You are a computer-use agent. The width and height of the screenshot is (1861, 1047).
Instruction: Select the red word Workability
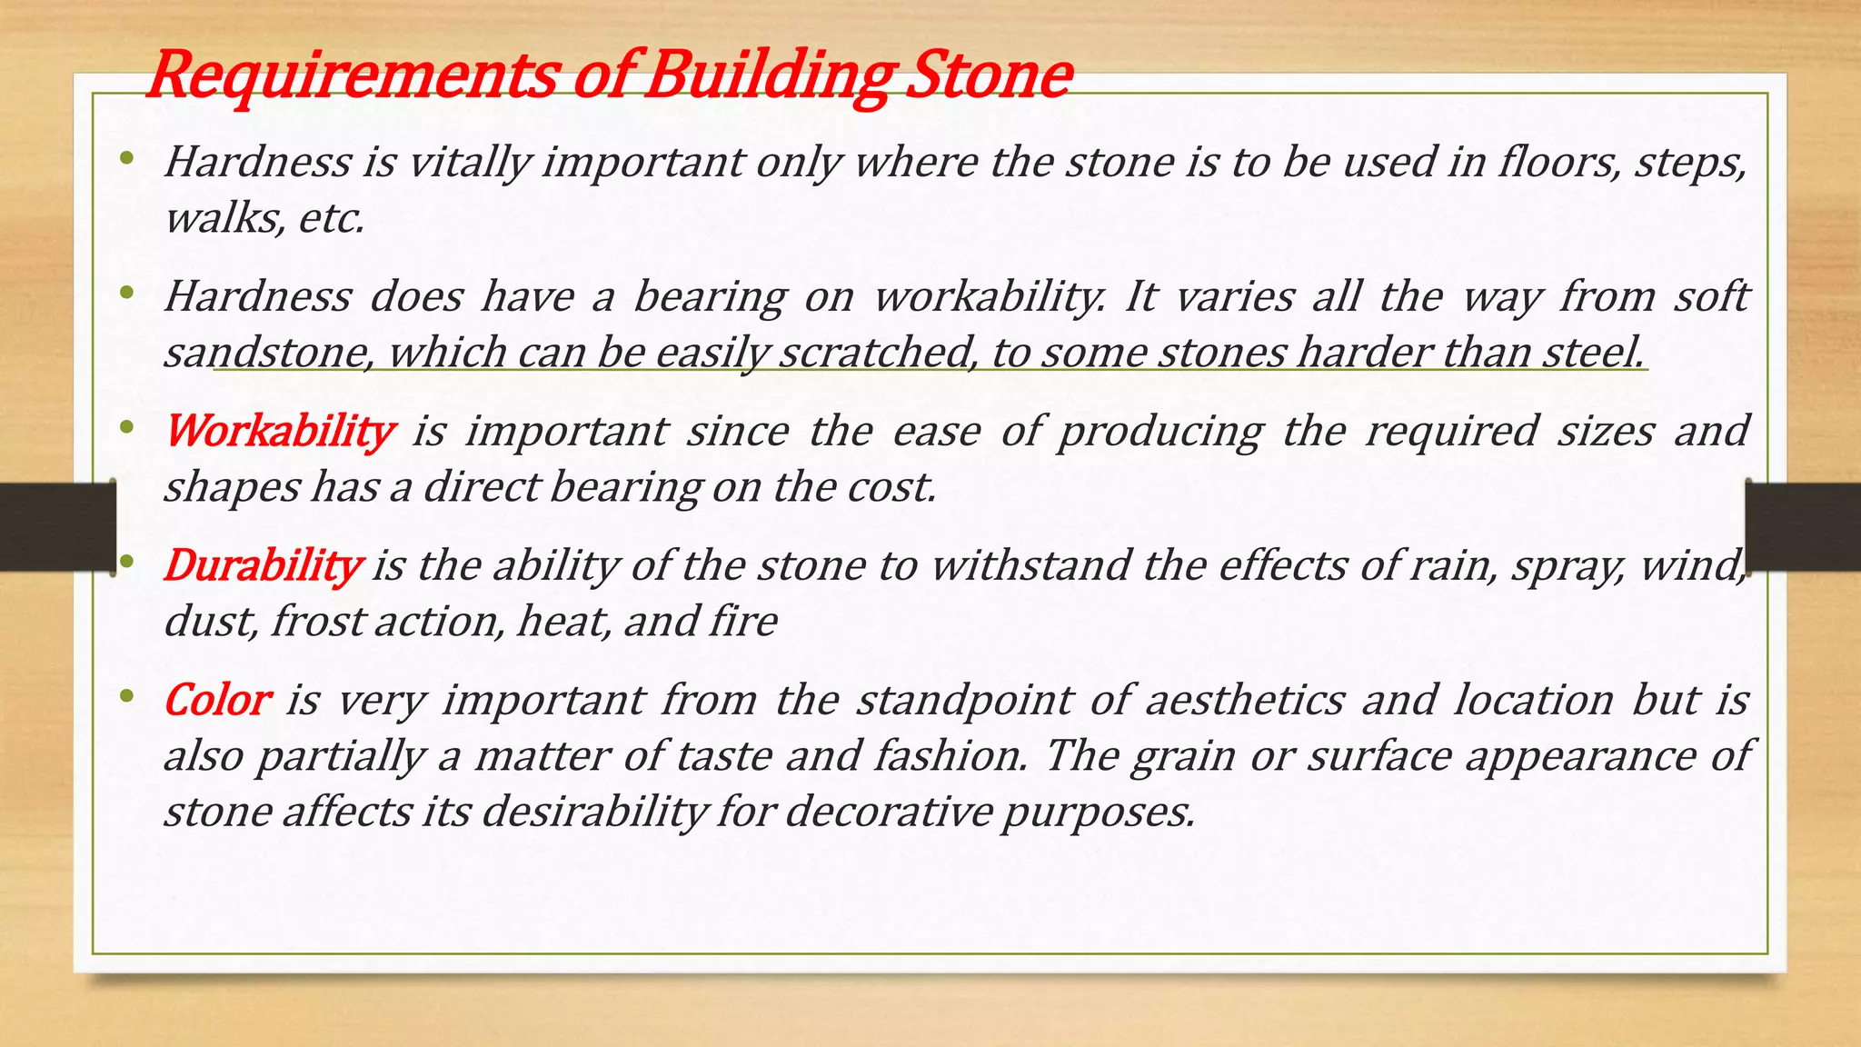[x=280, y=431]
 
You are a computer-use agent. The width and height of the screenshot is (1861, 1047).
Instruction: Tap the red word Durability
[x=263, y=565]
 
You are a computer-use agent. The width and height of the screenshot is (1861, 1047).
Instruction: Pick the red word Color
[x=216, y=700]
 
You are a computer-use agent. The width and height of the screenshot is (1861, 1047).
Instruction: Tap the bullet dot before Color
[x=126, y=697]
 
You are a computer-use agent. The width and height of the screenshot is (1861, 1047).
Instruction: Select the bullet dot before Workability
[x=126, y=426]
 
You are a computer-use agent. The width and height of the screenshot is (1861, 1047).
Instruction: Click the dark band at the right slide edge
[x=1804, y=527]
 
